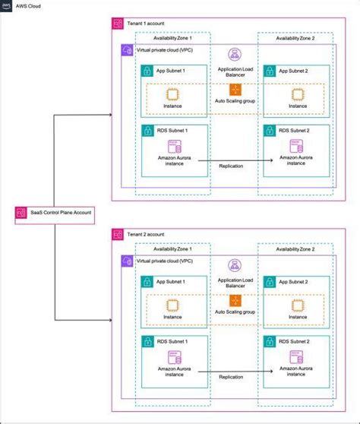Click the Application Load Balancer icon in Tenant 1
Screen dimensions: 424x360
pyautogui.click(x=235, y=55)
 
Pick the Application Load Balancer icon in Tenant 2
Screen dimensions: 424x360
pyautogui.click(x=235, y=265)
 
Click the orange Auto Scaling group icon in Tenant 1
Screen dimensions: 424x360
pyautogui.click(x=235, y=91)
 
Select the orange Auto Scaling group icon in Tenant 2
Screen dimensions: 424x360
pyautogui.click(x=235, y=302)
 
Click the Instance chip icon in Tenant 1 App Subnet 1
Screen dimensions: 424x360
pyautogui.click(x=172, y=93)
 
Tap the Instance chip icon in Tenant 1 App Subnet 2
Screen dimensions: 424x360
pyautogui.click(x=298, y=93)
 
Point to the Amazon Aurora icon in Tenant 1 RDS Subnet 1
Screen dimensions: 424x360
pyautogui.click(x=172, y=145)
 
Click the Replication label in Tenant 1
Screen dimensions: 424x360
pyautogui.click(x=231, y=166)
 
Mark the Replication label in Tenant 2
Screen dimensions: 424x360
pyautogui.click(x=231, y=376)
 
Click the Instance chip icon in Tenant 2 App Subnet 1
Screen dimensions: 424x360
pyautogui.click(x=172, y=304)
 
